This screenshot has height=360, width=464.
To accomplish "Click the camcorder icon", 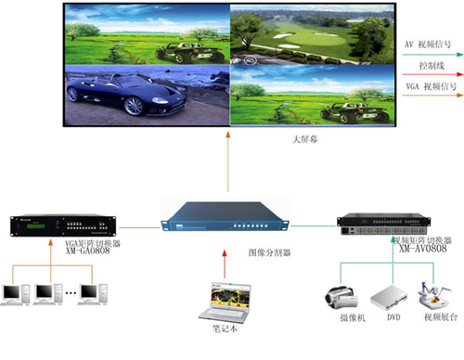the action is click(340, 299).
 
